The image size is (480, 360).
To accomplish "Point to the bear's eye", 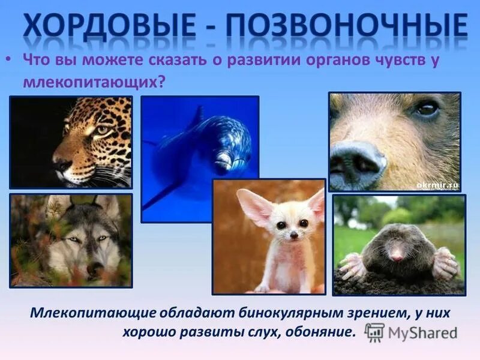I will click(x=427, y=109).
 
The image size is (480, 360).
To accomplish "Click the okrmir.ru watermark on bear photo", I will click(x=436, y=185).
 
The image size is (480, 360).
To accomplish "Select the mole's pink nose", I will click(x=397, y=257).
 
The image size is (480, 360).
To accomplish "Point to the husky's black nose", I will click(x=94, y=271).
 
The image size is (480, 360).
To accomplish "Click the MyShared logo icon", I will click(x=374, y=332).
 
